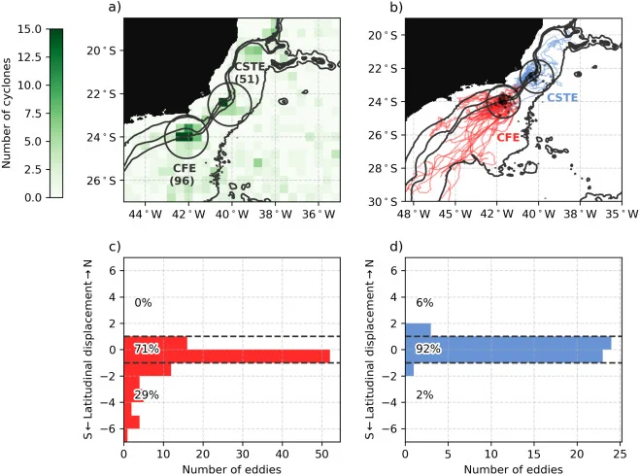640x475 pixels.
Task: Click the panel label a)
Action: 115,9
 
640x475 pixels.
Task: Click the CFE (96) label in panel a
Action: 183,171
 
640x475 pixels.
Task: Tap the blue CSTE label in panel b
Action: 563,98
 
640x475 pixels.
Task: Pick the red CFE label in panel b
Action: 509,139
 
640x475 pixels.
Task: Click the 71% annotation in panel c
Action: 148,349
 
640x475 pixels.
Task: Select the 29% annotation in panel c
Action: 148,394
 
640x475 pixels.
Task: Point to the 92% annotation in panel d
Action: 429,349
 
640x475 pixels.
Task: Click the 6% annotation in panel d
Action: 425,303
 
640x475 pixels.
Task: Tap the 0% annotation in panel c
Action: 144,303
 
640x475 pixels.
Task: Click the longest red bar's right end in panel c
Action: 329,355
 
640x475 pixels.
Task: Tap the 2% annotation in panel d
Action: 425,394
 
